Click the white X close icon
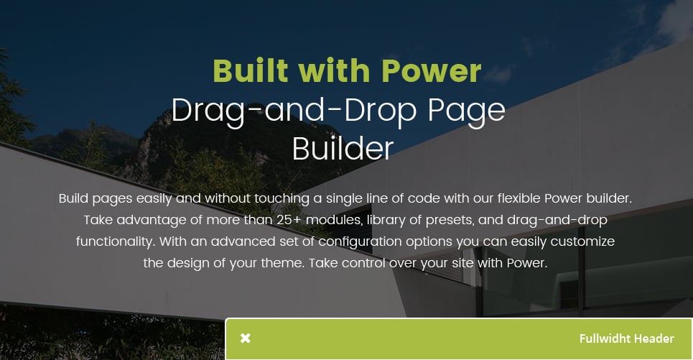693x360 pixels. (246, 338)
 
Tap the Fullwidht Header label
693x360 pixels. (626, 338)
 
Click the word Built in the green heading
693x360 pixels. (251, 70)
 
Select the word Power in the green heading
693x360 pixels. (431, 70)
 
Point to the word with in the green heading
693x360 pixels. (335, 70)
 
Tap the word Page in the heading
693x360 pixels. (466, 111)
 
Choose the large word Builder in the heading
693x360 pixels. (343, 149)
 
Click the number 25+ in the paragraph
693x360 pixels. (289, 220)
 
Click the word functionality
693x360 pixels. (116, 241)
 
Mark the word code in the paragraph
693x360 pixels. (424, 198)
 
